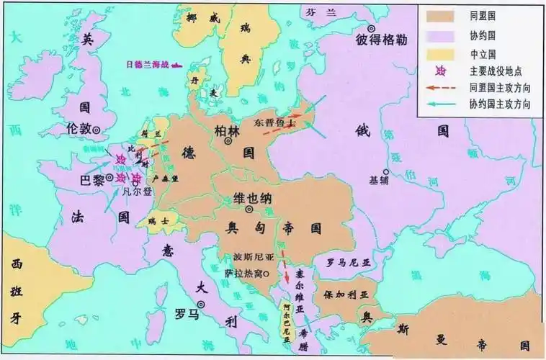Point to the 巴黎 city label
[92, 180]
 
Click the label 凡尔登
[136, 191]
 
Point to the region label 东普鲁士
[276, 122]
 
